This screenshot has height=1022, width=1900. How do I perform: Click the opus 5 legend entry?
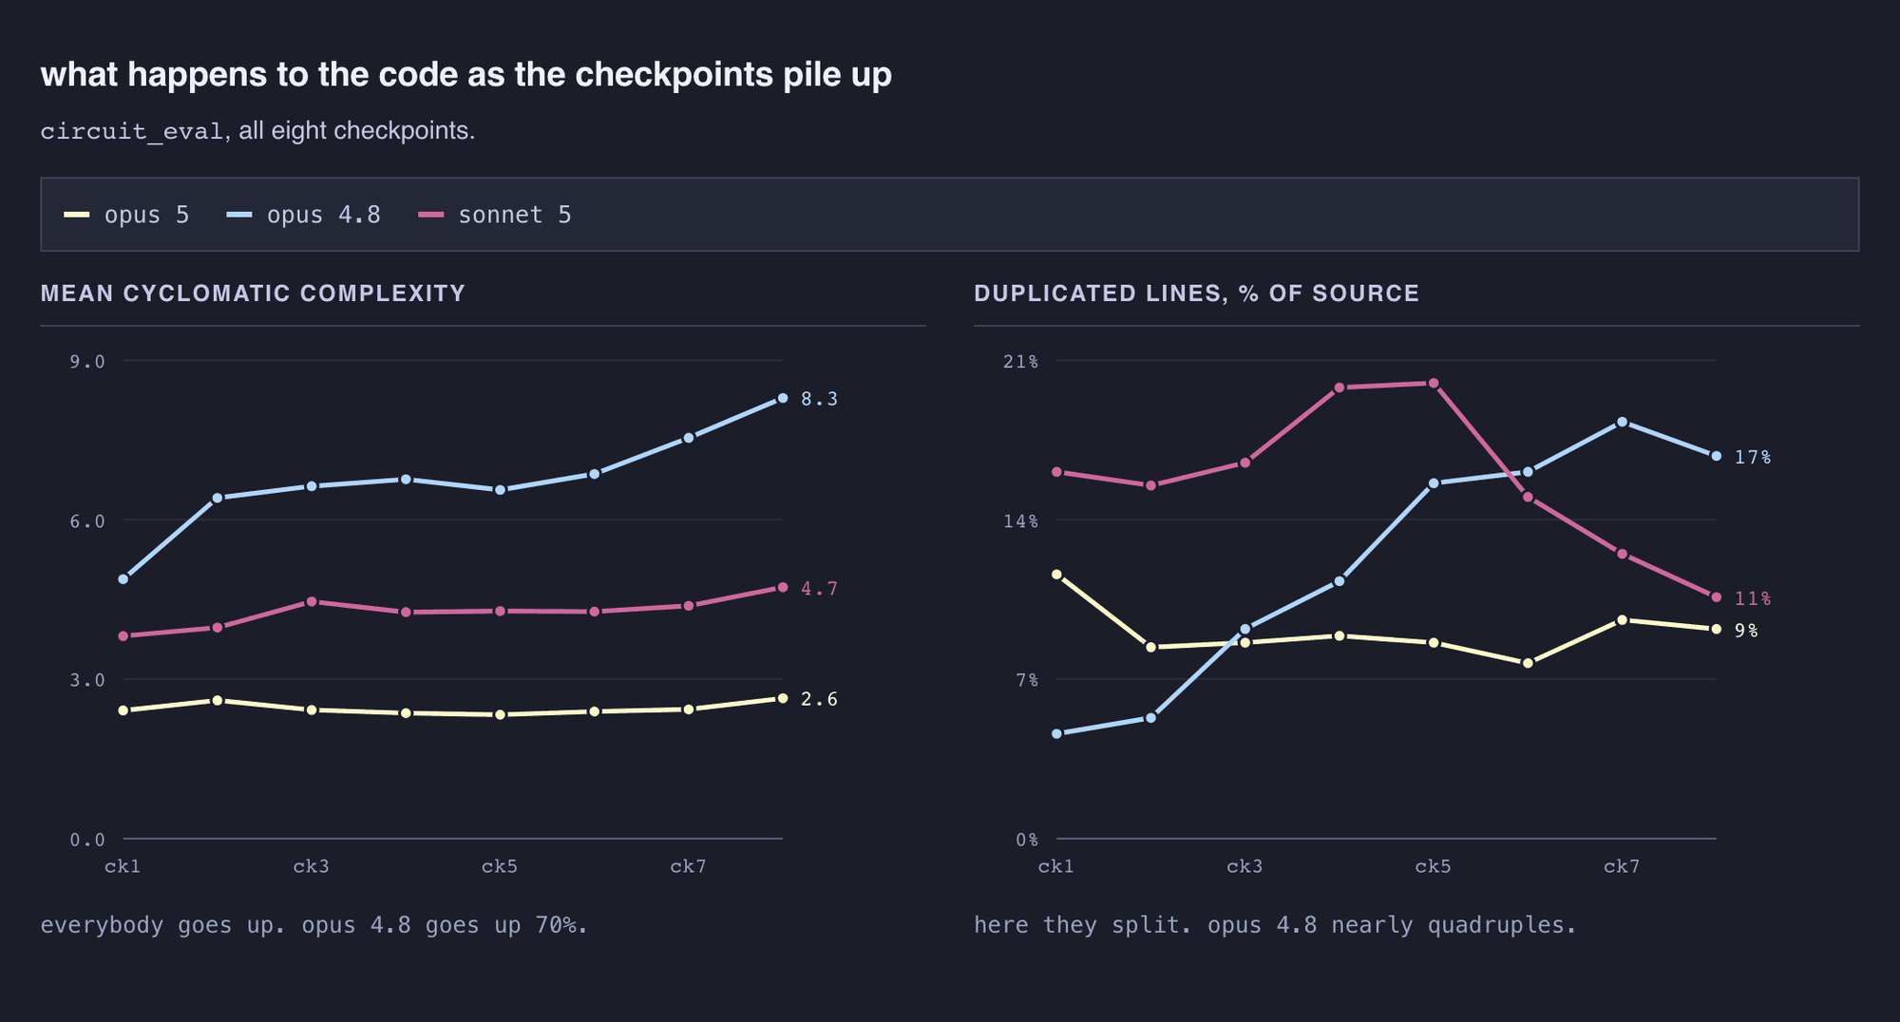(x=126, y=215)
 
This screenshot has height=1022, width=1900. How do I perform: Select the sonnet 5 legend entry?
(x=495, y=215)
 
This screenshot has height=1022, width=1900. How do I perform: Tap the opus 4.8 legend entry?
(x=303, y=215)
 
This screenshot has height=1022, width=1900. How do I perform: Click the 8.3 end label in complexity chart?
(x=819, y=399)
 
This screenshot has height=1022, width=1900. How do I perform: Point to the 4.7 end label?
(x=819, y=589)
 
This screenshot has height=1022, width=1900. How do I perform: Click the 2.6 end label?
(x=819, y=699)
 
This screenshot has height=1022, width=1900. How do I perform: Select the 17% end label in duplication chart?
(x=1753, y=457)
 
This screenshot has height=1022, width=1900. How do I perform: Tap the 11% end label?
(x=1753, y=598)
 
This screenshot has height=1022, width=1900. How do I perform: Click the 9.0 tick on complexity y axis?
(x=87, y=361)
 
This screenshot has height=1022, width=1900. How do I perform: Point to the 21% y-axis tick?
(x=1021, y=361)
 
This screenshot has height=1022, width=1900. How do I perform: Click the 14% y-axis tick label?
(x=1021, y=520)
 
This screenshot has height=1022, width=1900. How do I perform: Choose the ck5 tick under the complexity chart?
(x=500, y=866)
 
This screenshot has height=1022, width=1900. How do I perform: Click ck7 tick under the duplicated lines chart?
(x=1622, y=866)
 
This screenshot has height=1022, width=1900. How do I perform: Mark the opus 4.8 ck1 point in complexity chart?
(x=123, y=578)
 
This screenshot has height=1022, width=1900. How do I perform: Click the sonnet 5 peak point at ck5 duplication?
(x=1434, y=384)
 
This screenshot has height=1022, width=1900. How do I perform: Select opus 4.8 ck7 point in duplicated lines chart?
(x=1622, y=422)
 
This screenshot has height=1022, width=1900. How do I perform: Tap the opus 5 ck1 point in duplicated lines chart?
(x=1056, y=575)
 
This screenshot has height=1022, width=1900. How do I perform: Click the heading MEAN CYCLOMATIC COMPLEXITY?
(x=253, y=293)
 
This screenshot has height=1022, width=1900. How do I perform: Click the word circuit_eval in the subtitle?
(x=132, y=131)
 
